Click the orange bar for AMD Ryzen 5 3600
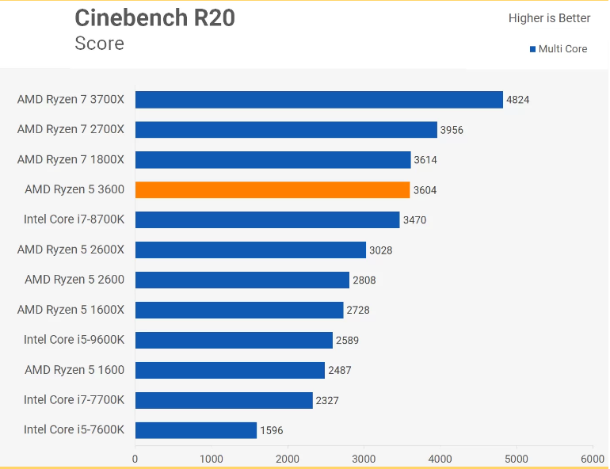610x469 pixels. (273, 190)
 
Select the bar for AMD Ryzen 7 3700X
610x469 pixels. (319, 100)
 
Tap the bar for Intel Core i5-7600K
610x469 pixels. (196, 430)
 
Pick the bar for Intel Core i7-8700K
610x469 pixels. (267, 219)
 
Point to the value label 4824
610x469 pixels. (517, 100)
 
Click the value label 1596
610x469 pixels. (272, 430)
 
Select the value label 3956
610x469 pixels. (452, 130)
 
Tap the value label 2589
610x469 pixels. (348, 341)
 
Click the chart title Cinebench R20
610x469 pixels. (154, 18)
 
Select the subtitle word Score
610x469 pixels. (100, 43)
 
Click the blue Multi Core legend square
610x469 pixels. (532, 49)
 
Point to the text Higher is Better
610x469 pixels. (549, 18)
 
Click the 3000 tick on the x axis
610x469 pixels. (364, 459)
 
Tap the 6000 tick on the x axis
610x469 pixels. (593, 459)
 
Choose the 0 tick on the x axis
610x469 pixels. (135, 459)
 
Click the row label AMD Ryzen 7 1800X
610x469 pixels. (71, 159)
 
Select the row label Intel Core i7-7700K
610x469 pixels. (74, 400)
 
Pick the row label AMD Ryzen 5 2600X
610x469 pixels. (71, 250)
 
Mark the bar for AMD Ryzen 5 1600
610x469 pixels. (230, 370)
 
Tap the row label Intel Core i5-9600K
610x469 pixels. (74, 340)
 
